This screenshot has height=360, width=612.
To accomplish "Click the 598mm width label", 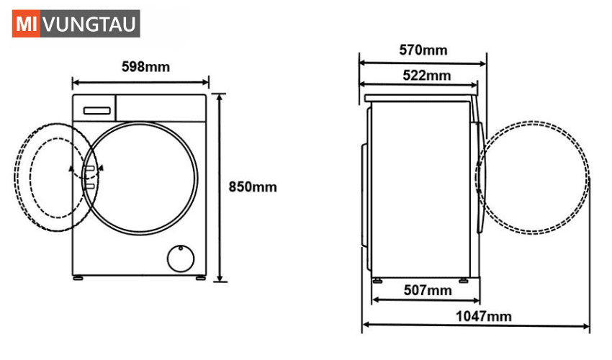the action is tap(145, 67).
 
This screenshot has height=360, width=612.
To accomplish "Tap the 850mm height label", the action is tap(253, 186).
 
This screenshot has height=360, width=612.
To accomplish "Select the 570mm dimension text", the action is tap(423, 50).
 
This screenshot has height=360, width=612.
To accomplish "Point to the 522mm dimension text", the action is tap(427, 75).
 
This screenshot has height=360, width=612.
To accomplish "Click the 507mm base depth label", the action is tap(428, 290).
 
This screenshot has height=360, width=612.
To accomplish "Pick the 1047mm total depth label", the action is tap(484, 316).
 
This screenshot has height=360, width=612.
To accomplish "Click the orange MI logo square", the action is tap(26, 24).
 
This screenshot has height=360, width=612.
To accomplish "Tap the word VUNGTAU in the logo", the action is tap(90, 24).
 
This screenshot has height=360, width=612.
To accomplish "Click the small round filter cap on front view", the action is tap(180, 258).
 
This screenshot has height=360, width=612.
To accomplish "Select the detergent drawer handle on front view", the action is tap(96, 111).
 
